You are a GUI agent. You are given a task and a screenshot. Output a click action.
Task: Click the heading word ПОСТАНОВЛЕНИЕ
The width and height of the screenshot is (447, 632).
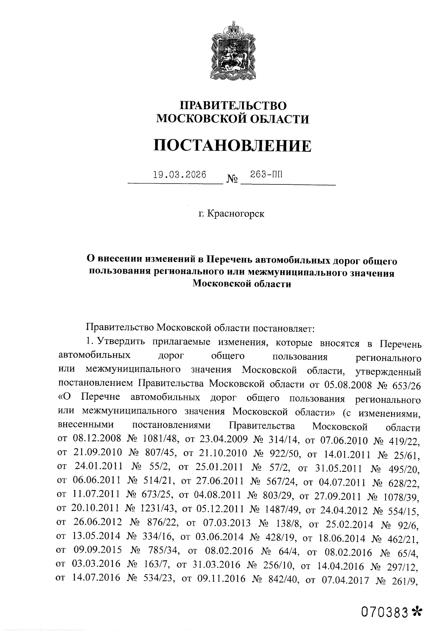(232, 145)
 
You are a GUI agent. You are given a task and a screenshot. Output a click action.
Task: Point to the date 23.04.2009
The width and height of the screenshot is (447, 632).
(222, 441)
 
